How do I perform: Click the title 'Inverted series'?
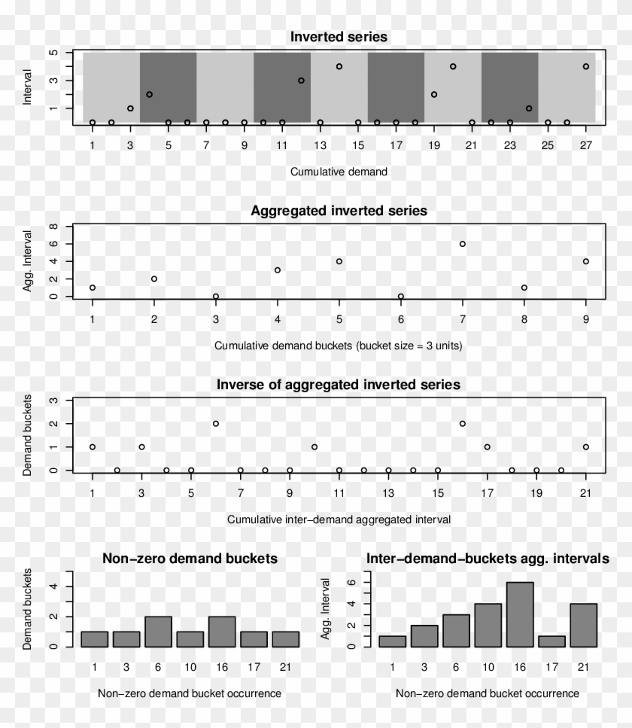click(339, 36)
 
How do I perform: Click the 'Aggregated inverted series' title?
click(339, 211)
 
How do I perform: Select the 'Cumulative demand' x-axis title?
click(339, 171)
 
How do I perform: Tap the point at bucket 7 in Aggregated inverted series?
click(463, 244)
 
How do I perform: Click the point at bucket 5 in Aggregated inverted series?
click(339, 261)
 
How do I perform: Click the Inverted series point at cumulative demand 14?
click(339, 66)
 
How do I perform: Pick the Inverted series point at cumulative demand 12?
click(301, 80)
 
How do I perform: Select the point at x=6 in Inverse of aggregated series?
click(216, 423)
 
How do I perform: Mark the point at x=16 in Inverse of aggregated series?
click(463, 423)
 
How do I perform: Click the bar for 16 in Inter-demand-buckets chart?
click(519, 614)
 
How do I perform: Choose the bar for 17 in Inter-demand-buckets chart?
click(551, 641)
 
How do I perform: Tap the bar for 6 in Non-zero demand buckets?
click(158, 632)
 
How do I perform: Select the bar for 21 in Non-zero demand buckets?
click(285, 639)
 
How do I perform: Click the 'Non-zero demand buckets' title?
click(190, 559)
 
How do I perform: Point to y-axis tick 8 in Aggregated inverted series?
click(53, 227)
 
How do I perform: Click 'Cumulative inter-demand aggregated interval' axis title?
click(339, 519)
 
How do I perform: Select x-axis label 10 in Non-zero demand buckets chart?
click(190, 667)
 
